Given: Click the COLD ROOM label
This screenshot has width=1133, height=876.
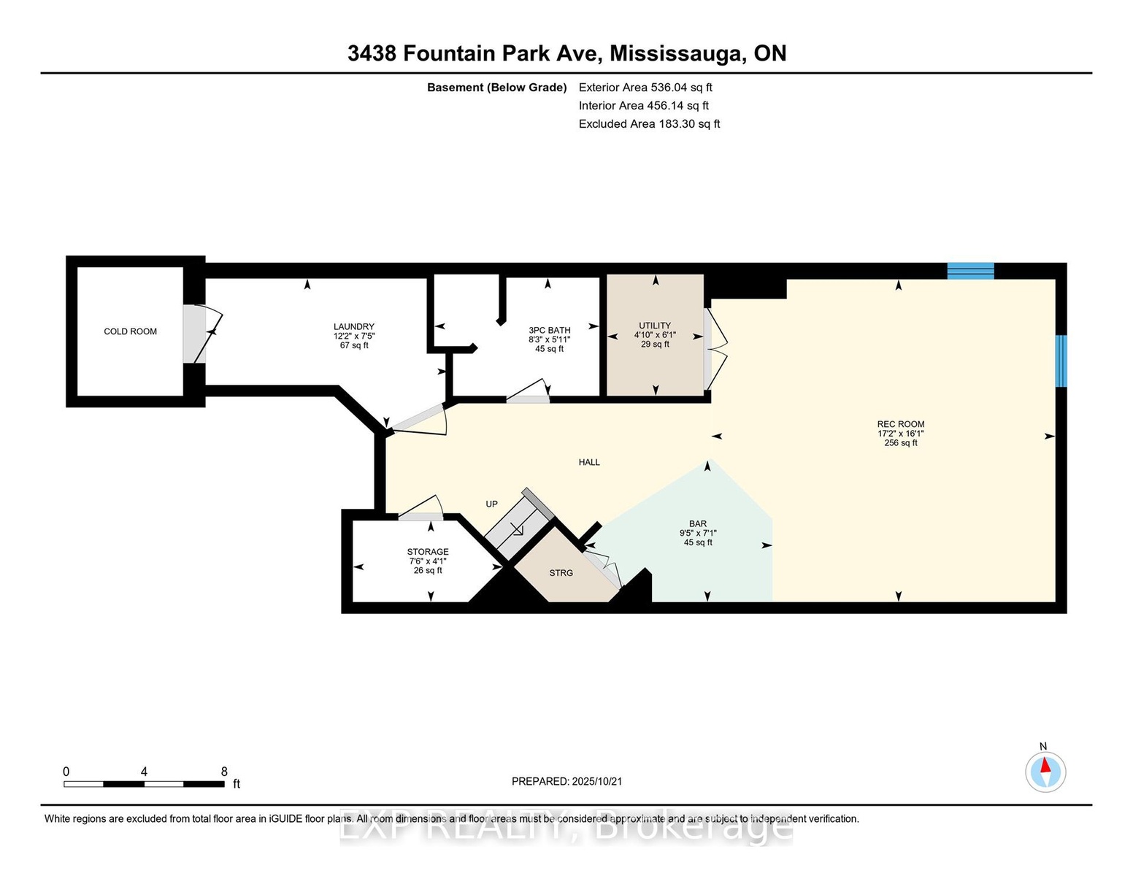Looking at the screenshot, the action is tap(131, 331).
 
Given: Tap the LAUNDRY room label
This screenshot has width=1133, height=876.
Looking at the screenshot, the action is tap(354, 327).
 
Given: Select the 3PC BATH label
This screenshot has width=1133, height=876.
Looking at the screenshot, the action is tap(550, 331).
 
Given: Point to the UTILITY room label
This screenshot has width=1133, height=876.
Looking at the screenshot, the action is tap(655, 326).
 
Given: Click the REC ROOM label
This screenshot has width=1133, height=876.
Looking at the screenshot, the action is tap(901, 424).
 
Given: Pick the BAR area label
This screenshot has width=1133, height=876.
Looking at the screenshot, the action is tap(698, 523).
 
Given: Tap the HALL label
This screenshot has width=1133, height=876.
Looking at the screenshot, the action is tap(589, 462).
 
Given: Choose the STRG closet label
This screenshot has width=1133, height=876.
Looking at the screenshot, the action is tap(561, 573).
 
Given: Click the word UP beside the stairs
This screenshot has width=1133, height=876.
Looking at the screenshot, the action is tap(492, 504).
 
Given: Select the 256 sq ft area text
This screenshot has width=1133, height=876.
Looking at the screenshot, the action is tap(901, 443).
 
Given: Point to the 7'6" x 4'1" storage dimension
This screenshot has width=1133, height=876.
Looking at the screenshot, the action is tap(428, 561).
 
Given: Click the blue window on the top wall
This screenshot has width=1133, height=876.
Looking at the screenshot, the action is tap(970, 271).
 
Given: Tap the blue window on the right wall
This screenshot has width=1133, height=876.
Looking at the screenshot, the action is tap(1061, 361).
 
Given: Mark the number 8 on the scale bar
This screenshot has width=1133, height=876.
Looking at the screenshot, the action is tap(224, 772).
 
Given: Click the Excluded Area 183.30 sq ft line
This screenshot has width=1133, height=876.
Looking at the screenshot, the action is tap(649, 124).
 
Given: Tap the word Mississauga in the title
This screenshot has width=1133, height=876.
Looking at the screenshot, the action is tap(677, 54).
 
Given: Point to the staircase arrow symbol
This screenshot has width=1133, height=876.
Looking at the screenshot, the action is tap(518, 531).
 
